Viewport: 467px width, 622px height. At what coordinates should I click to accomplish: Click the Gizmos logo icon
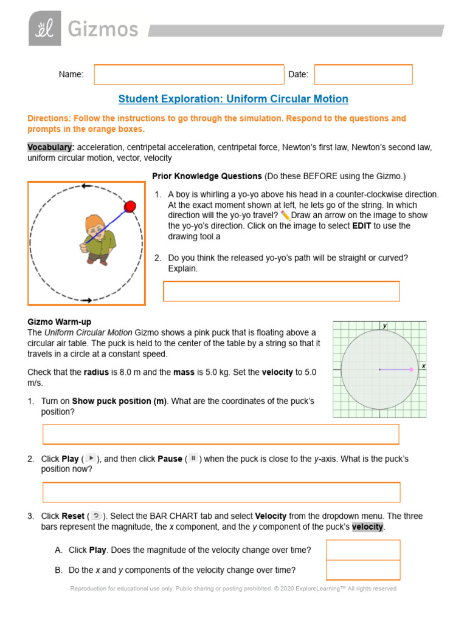(44, 29)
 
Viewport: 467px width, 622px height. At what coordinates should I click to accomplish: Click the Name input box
(189, 75)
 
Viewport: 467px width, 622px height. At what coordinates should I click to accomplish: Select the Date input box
(363, 75)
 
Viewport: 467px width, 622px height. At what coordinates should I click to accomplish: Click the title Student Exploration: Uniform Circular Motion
(233, 99)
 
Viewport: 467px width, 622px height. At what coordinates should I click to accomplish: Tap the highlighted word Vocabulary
(51, 147)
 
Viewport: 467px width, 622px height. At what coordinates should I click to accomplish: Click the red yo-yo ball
(130, 207)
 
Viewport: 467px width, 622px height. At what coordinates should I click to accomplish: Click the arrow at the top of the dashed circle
(86, 186)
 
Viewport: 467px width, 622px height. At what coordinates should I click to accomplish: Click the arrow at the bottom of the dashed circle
(86, 300)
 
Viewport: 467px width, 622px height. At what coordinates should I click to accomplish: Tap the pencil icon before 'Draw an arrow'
(286, 216)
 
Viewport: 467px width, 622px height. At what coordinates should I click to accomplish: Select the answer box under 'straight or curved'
(282, 292)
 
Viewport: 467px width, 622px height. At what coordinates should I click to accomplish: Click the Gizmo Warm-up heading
(60, 322)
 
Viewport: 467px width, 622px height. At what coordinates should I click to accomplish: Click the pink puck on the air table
(412, 369)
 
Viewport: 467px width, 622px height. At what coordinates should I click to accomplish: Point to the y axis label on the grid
(384, 326)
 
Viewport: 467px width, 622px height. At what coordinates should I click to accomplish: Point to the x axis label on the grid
(423, 366)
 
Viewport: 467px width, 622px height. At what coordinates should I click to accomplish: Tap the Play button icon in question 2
(91, 459)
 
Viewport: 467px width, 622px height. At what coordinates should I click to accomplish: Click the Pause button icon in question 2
(193, 459)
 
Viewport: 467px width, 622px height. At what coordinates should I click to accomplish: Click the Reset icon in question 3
(96, 516)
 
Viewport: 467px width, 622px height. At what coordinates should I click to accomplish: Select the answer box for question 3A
(363, 550)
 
